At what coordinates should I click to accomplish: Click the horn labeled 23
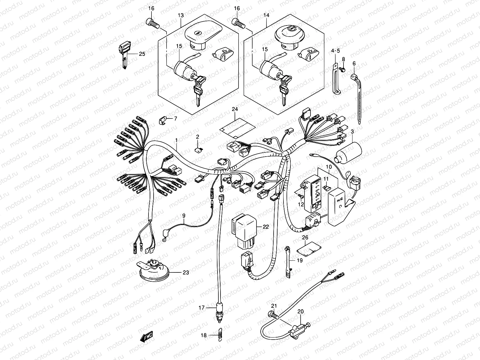coord(154,271)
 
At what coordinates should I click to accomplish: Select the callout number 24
coord(235,109)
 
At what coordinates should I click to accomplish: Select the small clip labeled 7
coord(163,120)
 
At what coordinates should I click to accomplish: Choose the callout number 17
coord(201,307)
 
